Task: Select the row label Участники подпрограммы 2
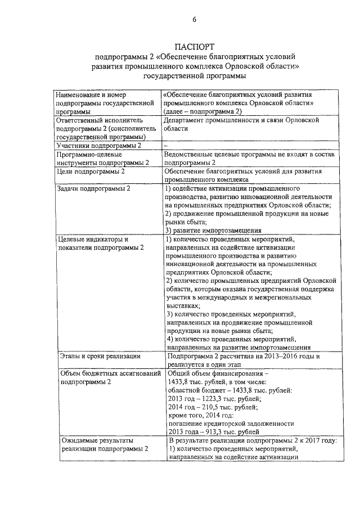(98, 146)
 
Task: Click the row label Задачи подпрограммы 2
(93, 188)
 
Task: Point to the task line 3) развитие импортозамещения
(213, 230)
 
